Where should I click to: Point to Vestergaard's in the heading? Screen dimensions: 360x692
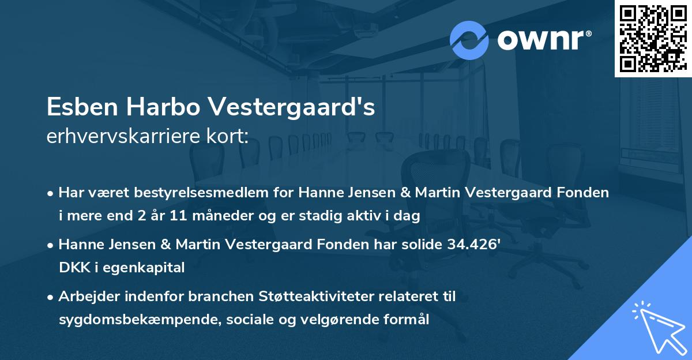click(x=292, y=108)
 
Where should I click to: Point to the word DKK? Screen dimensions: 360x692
click(x=71, y=268)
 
